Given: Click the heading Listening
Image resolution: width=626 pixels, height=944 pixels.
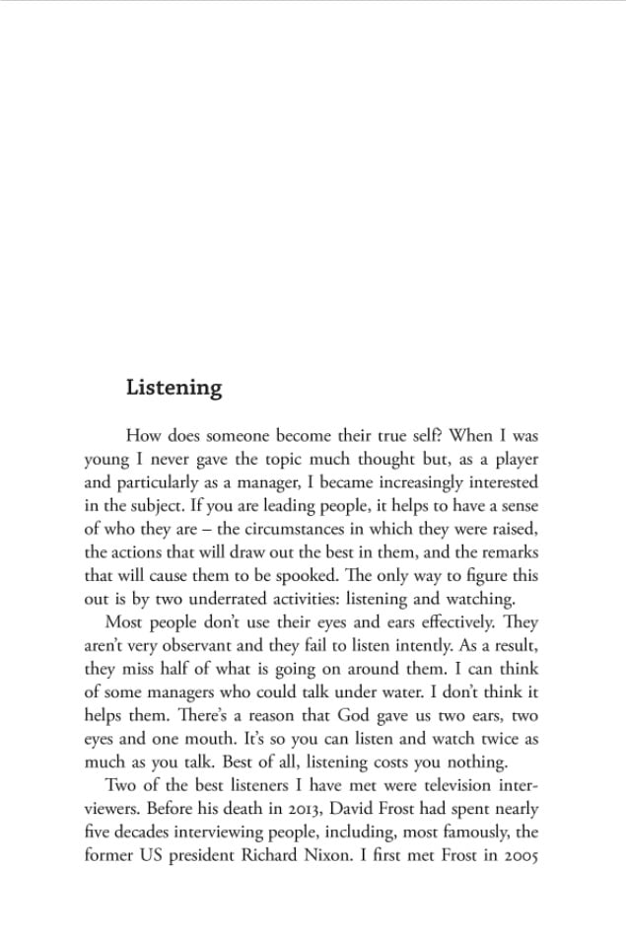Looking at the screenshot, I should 174,388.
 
